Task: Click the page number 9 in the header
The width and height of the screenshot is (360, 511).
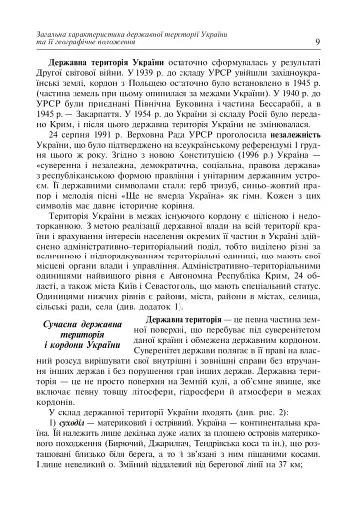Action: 316,40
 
